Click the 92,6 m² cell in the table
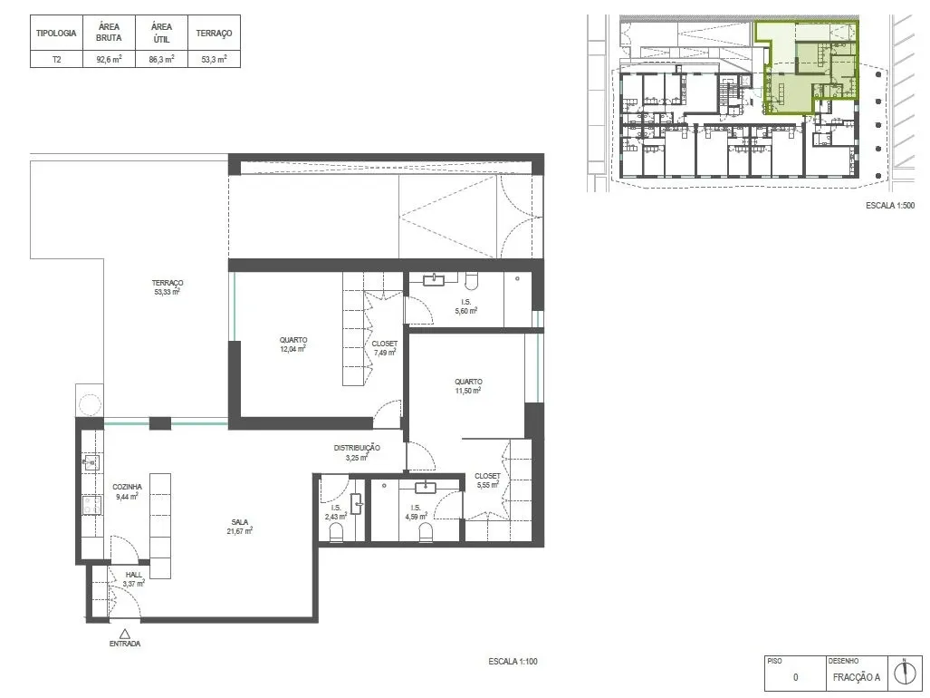pos(110,59)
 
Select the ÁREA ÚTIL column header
pos(161,34)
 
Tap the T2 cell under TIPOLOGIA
pos(56,59)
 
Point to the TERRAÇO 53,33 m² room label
pos(168,287)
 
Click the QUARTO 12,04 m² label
pos(293,344)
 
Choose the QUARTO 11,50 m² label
pos(468,386)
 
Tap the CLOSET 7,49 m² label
pos(384,348)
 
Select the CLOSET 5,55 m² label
pos(487,480)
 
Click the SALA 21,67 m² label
pos(240,526)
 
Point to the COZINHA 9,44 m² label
pos(127,491)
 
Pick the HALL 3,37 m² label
pos(133,579)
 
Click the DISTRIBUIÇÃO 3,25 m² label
pos(357,452)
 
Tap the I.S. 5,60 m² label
pos(466,306)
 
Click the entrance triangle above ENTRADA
pos(125,634)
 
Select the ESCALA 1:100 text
pos(513,661)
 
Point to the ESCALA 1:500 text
pos(890,206)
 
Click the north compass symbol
pos(905,673)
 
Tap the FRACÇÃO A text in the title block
pos(857,677)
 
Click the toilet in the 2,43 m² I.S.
pos(336,532)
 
